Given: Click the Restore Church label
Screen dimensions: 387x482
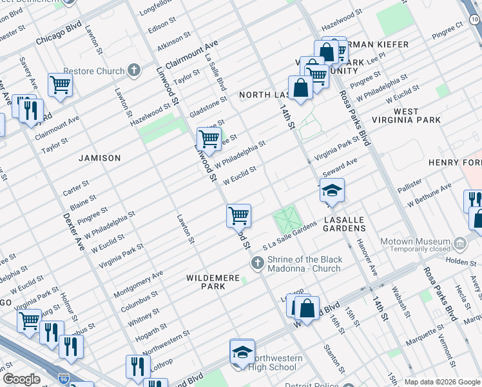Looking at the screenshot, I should [97, 71].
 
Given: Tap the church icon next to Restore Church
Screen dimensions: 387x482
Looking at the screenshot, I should [134, 70].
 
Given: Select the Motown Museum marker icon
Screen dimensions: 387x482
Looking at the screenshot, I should [460, 244].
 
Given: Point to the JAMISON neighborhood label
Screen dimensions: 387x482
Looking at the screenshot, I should [100, 158].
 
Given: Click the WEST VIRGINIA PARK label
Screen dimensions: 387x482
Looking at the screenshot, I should [417, 116].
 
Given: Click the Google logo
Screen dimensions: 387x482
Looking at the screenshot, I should [21, 379].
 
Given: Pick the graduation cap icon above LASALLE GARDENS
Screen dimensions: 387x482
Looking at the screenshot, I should [332, 190].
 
